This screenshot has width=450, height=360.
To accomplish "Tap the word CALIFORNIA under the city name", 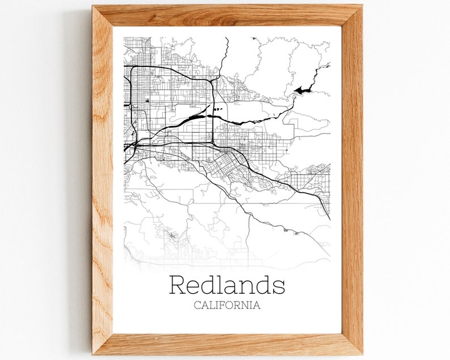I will pyautogui.click(x=227, y=305).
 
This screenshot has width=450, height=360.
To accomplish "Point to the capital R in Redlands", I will pyautogui.click(x=178, y=285).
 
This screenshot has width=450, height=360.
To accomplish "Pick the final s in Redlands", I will pyautogui.click(x=279, y=287).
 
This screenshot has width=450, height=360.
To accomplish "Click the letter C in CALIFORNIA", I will pyautogui.click(x=197, y=305).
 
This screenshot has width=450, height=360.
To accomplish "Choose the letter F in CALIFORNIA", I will pyautogui.click(x=223, y=305).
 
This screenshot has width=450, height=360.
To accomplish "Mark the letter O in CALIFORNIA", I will pyautogui.click(x=231, y=305).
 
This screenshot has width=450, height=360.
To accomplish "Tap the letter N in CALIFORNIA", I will pyautogui.click(x=248, y=305).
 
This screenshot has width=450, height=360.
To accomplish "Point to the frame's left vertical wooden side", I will pyautogui.click(x=103, y=181).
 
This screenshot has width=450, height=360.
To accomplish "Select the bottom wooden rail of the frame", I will pyautogui.click(x=227, y=344).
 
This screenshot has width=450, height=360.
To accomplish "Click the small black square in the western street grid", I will pyautogui.click(x=147, y=101).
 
